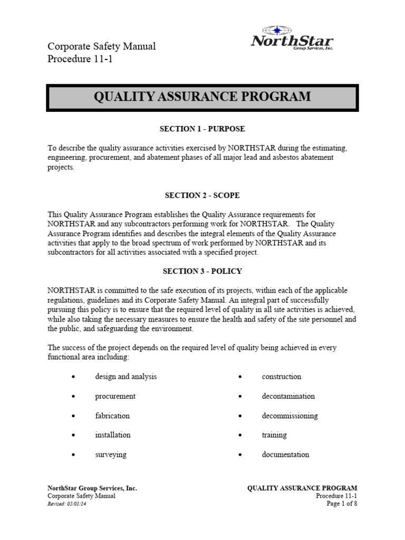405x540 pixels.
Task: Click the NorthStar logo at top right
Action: click(292, 38)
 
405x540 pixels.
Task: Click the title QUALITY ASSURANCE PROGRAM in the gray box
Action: click(202, 97)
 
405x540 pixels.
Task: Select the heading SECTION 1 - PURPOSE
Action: click(202, 129)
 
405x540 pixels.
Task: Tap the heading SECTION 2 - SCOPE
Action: click(202, 195)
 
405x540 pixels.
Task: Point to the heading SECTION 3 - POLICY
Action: click(202, 271)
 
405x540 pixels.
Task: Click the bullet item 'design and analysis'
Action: click(126, 377)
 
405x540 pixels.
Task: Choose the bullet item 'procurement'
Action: click(115, 396)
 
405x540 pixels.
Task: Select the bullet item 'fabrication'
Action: click(112, 416)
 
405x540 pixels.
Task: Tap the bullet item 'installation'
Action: click(112, 435)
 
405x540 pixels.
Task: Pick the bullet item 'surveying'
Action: click(111, 455)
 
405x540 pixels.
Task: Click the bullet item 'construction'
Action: click(282, 377)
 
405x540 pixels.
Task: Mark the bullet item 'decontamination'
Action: click(288, 396)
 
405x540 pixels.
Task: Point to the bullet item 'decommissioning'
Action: click(290, 416)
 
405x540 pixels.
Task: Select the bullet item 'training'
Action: click(274, 435)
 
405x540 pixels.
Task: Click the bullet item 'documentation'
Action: click(285, 455)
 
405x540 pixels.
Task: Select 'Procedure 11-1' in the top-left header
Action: click(80, 59)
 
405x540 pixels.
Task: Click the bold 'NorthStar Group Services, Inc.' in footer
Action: click(92, 488)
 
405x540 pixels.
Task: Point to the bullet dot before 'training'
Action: click(240, 436)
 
